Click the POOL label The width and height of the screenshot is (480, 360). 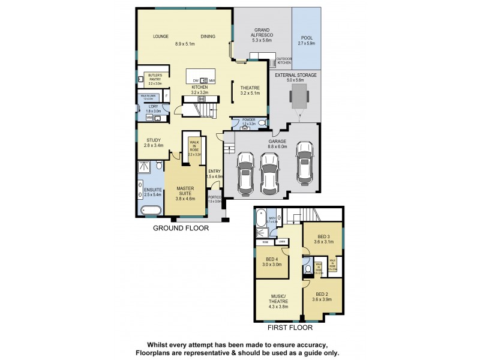(x=306, y=38)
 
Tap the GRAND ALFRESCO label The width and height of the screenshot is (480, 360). (x=262, y=32)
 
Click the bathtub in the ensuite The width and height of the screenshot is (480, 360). (x=148, y=210)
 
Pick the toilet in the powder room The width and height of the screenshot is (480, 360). (x=244, y=127)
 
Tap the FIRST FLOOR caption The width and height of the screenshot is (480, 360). (x=291, y=328)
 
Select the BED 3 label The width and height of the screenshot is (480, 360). (x=321, y=236)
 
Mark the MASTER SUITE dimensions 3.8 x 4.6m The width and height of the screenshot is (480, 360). (x=185, y=198)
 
